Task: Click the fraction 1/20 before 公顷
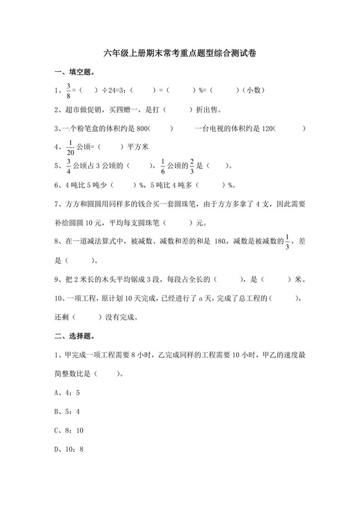pyautogui.click(x=69, y=147)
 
